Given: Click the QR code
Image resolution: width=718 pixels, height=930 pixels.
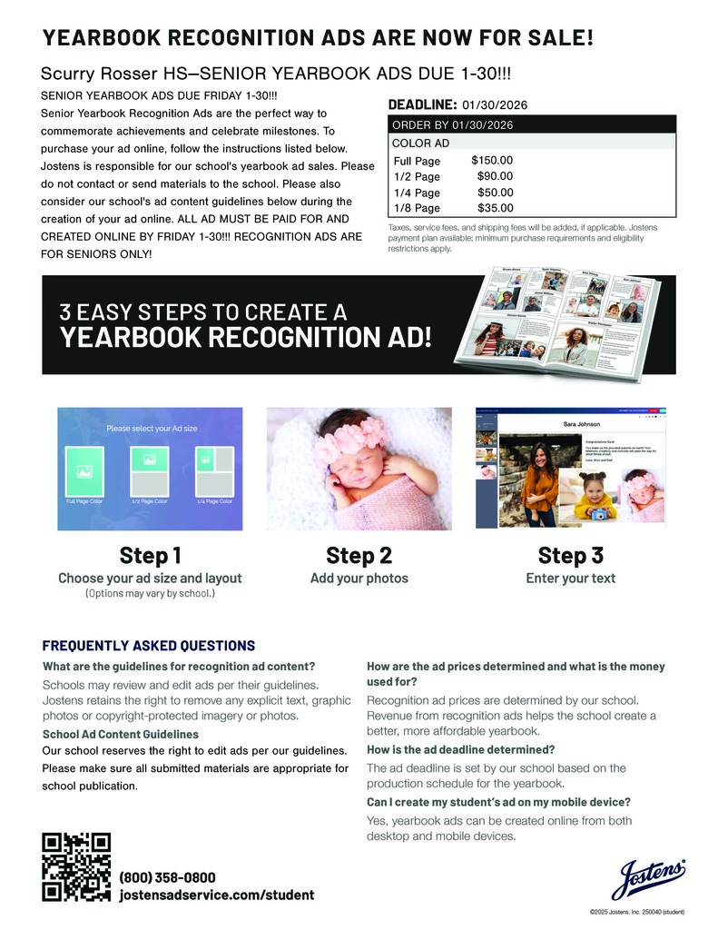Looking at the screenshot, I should click(76, 866).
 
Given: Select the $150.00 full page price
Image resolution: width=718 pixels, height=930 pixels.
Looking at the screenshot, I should click(492, 161).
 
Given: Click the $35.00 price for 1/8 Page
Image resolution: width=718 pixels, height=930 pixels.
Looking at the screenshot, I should click(495, 208).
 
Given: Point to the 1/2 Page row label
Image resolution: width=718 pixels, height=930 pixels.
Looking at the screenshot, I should click(417, 176).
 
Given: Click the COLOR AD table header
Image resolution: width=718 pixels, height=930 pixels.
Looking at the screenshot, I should click(420, 143).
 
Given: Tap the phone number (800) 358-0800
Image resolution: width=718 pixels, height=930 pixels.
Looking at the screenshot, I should click(168, 877).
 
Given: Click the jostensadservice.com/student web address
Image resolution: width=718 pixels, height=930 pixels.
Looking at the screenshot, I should click(217, 895).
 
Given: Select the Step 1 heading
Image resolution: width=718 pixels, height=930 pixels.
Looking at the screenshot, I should click(150, 555).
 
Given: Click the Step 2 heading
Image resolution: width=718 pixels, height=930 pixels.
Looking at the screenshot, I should click(359, 555).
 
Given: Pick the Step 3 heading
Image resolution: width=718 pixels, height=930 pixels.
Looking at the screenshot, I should click(570, 555).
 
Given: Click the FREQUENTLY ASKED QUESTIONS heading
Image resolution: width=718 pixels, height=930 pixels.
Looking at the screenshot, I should click(149, 646).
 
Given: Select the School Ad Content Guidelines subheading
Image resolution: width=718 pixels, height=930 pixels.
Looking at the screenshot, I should click(121, 734).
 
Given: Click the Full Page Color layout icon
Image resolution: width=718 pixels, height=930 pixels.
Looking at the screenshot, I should click(84, 471).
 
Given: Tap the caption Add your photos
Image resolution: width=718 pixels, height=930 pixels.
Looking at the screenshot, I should click(359, 579).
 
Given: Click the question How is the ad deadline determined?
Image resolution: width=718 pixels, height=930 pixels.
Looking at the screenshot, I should click(460, 749).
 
